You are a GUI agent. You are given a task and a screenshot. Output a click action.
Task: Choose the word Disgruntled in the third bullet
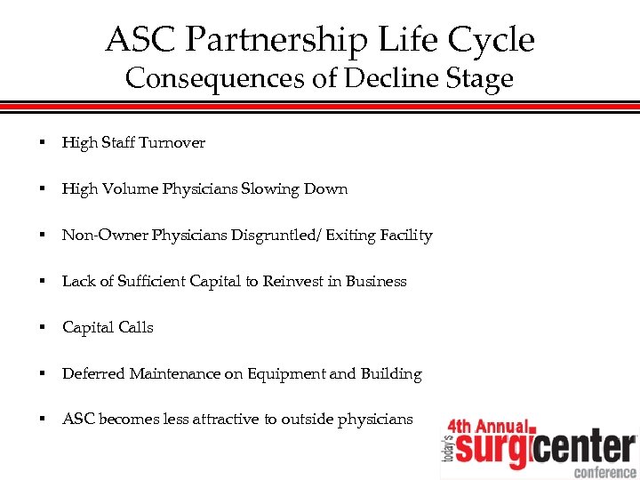pyautogui.click(x=279, y=236)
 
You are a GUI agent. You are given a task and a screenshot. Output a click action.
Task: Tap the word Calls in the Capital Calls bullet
pyautogui.click(x=135, y=328)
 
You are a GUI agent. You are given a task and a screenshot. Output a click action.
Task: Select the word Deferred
pyautogui.click(x=93, y=374)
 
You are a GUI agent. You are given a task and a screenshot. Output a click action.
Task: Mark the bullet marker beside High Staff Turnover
pyautogui.click(x=41, y=143)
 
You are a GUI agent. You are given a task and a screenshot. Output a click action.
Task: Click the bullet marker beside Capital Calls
pyautogui.click(x=41, y=328)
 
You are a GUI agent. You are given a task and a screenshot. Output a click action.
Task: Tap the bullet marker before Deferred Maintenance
pyautogui.click(x=41, y=374)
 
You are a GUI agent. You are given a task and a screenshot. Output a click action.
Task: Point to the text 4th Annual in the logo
pyautogui.click(x=488, y=426)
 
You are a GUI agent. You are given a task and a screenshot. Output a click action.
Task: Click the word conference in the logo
pyautogui.click(x=604, y=471)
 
